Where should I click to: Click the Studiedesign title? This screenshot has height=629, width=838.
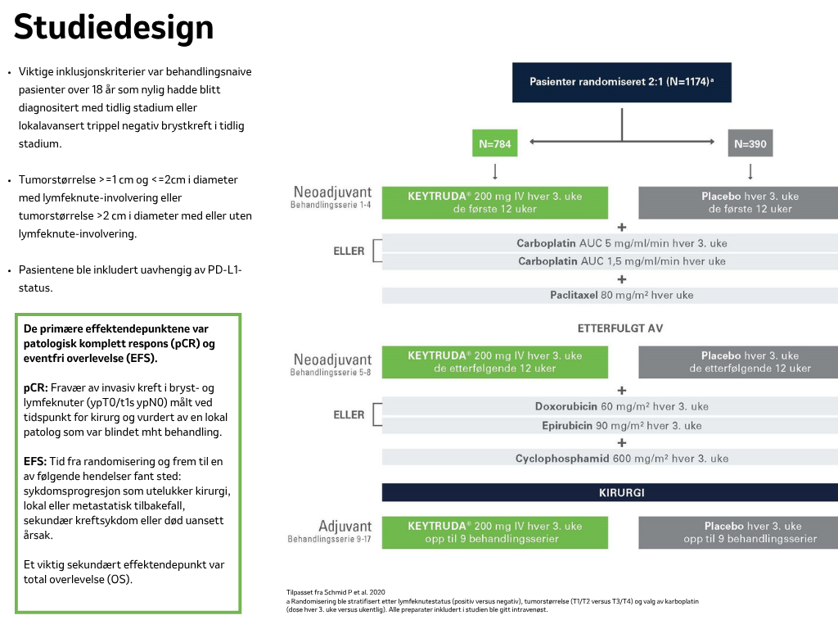(x=113, y=28)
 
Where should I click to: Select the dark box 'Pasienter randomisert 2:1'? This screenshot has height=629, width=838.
(x=622, y=83)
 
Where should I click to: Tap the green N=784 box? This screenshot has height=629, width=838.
(x=495, y=143)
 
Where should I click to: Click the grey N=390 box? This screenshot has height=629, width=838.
(x=750, y=143)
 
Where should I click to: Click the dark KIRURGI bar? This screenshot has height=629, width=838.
(x=610, y=492)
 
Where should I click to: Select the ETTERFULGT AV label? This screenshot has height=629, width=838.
(x=620, y=328)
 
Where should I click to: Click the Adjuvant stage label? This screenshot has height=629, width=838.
(x=345, y=527)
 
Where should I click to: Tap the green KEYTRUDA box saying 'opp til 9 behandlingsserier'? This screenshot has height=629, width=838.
(x=495, y=532)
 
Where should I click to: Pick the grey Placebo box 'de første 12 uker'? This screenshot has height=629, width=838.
(x=738, y=203)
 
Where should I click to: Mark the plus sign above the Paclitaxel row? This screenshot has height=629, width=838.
(x=622, y=279)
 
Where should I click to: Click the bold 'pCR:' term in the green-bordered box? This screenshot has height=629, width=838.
(x=36, y=387)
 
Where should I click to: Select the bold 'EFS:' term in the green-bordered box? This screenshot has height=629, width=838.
(x=35, y=462)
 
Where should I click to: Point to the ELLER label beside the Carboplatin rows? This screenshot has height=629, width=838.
(x=349, y=251)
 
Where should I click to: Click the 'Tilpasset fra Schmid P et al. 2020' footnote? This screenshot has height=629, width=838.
(x=336, y=592)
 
